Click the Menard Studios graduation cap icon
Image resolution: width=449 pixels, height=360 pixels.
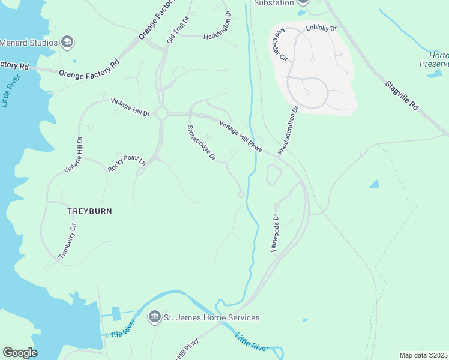(x=67, y=42)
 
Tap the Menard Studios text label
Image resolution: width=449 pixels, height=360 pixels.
(x=29, y=43)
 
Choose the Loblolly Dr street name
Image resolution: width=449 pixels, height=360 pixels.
(x=322, y=28)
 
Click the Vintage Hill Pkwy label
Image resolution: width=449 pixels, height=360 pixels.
(x=241, y=137)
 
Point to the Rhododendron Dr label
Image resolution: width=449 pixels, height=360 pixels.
(x=288, y=130)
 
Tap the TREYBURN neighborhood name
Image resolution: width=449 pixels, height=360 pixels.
(x=89, y=211)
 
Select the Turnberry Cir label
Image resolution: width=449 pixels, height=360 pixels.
(x=68, y=240)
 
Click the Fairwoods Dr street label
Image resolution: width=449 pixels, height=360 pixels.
(x=274, y=233)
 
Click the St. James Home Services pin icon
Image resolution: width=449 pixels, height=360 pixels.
(x=154, y=317)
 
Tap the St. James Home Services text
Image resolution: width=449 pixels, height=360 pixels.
(x=212, y=317)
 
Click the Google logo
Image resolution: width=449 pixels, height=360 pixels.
(x=20, y=353)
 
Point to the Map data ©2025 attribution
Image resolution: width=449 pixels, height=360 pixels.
(x=423, y=355)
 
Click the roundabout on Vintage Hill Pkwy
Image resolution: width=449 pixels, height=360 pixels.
(x=161, y=113)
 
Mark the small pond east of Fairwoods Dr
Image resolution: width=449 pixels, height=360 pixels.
(x=375, y=184)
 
